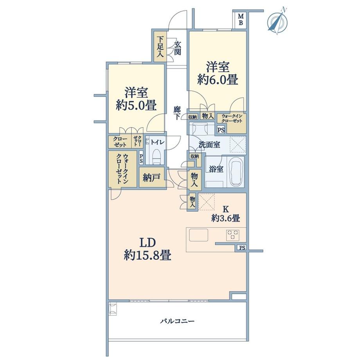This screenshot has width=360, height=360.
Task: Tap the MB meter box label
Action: point(241,20)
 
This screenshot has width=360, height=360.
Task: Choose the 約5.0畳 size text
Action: point(136,106)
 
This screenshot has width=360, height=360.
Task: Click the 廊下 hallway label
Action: point(177,113)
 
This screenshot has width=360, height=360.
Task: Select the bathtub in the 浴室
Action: point(236,172)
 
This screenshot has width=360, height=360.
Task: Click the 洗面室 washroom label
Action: point(209,145)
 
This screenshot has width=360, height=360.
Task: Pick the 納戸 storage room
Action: point(152,178)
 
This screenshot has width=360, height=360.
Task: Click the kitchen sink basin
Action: point(199,235)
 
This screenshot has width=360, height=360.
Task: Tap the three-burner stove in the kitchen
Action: point(233,235)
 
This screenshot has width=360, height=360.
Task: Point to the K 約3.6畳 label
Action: point(226,214)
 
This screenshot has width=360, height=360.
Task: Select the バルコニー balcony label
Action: point(177,321)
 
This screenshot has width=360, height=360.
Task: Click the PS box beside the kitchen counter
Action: point(242,248)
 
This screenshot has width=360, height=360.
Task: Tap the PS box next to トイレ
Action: point(141,158)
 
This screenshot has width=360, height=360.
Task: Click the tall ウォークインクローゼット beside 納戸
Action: point(122,169)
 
